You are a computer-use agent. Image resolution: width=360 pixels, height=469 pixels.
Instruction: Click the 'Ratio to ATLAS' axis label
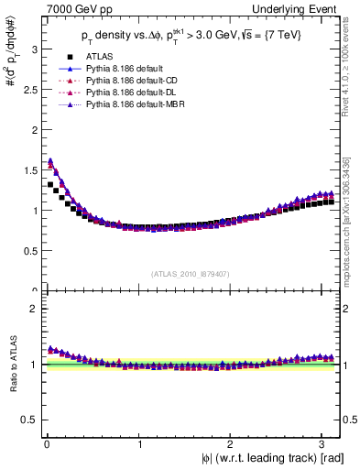pyautogui.click(x=11, y=366)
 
